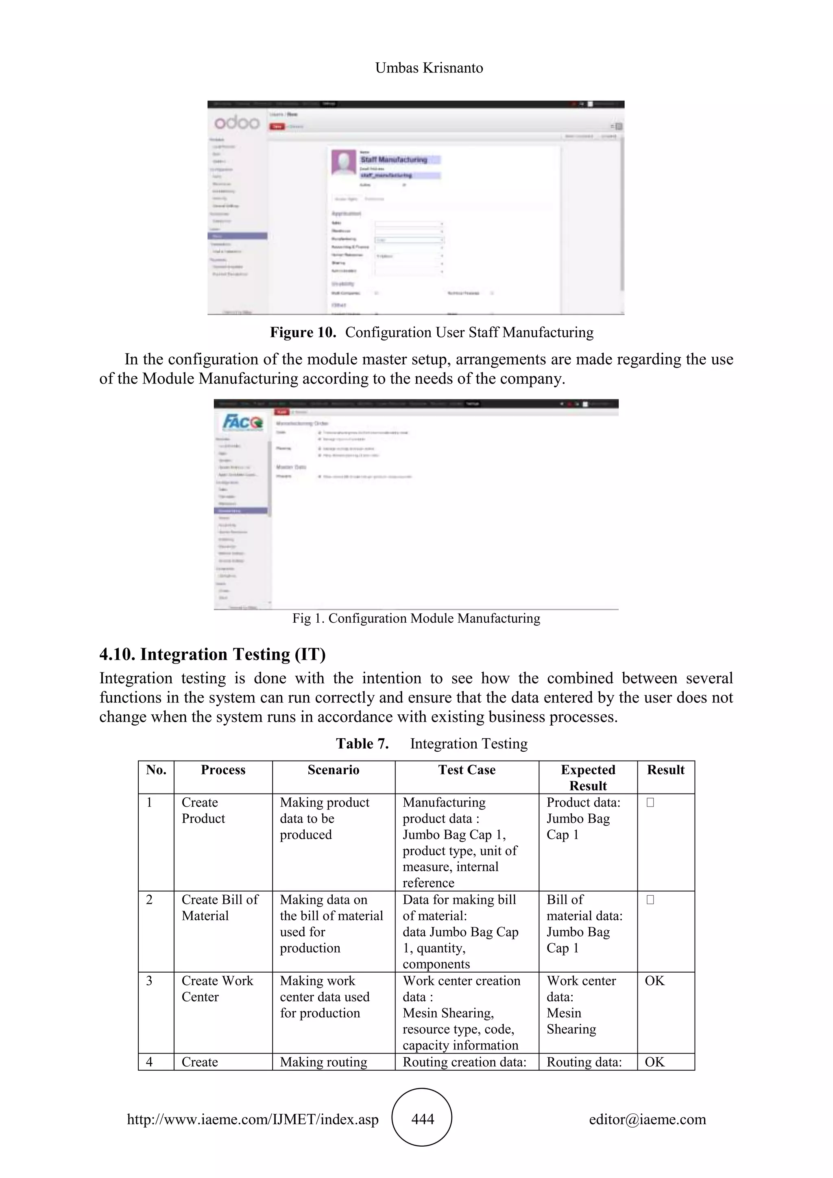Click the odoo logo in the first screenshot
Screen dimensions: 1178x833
[236, 122]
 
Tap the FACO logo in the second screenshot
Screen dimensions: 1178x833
[242, 422]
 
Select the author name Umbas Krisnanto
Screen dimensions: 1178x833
[429, 68]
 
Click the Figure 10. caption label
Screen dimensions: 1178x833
[303, 332]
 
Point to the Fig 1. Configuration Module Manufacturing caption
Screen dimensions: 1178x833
[416, 618]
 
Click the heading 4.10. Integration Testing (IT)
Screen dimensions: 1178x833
[212, 654]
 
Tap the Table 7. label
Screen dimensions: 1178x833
[362, 744]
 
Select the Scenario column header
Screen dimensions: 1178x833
[334, 770]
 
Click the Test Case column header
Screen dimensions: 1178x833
[467, 770]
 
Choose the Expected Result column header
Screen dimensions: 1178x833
[588, 777]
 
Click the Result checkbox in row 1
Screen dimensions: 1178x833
[650, 803]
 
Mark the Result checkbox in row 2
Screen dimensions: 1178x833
[650, 899]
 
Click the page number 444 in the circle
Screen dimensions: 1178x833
[422, 1119]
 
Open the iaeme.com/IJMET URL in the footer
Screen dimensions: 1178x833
[253, 1119]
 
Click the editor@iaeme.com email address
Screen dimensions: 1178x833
[647, 1119]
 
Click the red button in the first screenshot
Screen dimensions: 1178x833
[277, 126]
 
